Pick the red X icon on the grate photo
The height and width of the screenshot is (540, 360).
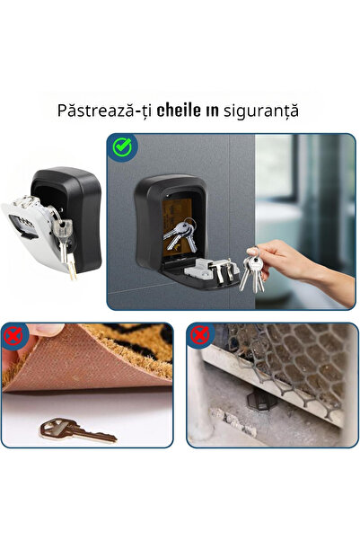[199, 336]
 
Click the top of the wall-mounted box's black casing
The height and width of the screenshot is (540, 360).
[171, 183]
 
